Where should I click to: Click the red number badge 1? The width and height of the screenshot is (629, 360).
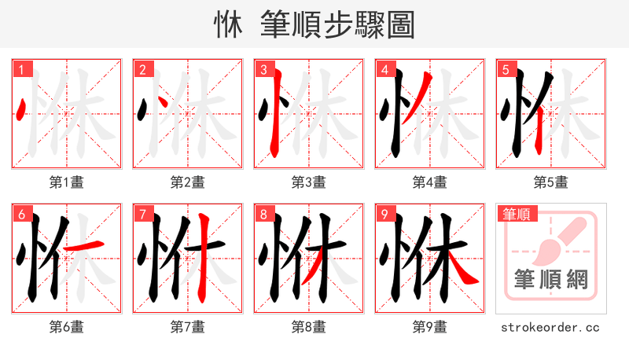point(21,69)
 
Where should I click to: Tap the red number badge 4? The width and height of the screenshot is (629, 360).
point(384,69)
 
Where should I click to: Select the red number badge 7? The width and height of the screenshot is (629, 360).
point(142,214)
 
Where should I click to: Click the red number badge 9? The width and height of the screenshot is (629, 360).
point(384,214)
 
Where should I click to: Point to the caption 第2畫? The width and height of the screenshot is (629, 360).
point(187,182)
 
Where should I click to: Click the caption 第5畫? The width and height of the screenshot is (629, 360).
point(550,182)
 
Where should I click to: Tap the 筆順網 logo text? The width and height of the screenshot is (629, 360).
point(550,279)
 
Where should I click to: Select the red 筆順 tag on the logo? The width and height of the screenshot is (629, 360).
point(515,213)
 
